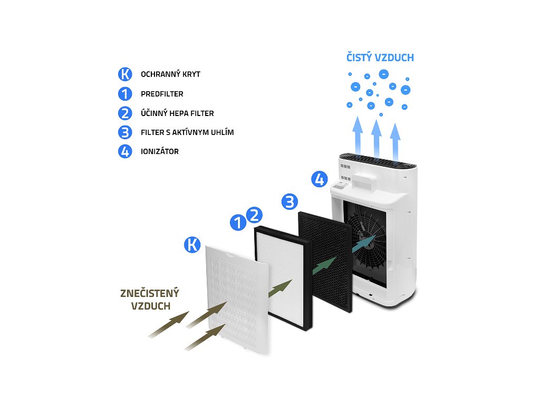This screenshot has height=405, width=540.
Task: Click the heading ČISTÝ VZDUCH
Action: pyautogui.click(x=380, y=58)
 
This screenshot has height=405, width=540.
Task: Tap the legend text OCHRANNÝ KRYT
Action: pyautogui.click(x=170, y=74)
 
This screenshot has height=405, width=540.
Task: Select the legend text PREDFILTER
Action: pyautogui.click(x=162, y=94)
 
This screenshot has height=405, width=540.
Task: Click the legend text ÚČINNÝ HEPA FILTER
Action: pyautogui.click(x=177, y=113)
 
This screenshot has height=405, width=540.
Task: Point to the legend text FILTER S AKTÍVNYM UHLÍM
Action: pyautogui.click(x=187, y=132)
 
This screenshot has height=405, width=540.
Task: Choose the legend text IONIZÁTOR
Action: pyautogui.click(x=160, y=151)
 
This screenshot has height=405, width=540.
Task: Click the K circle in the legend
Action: pyautogui.click(x=125, y=74)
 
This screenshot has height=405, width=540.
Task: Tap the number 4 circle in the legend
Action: pyautogui.click(x=125, y=151)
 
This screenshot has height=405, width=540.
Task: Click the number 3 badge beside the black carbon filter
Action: pyautogui.click(x=290, y=201)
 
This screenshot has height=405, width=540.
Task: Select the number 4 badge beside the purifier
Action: pyautogui.click(x=319, y=179)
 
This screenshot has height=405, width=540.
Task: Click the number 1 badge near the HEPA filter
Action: pyautogui.click(x=238, y=223)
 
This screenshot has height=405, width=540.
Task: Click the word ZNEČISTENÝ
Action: pyautogui.click(x=150, y=293)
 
